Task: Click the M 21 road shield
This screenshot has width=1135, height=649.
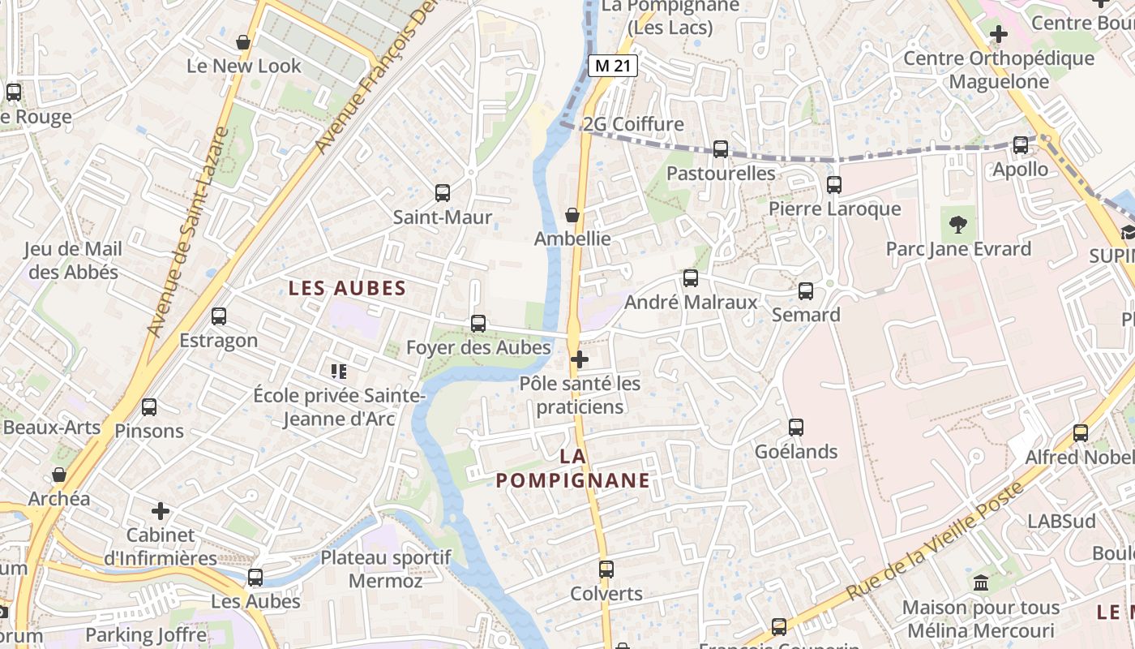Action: pos(613,66)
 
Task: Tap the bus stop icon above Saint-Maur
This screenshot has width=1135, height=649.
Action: pos(442,193)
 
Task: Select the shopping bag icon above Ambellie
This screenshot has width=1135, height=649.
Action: pos(572,215)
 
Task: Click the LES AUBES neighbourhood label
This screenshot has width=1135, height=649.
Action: pos(347,288)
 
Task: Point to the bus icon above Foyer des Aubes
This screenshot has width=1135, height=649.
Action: pos(478,324)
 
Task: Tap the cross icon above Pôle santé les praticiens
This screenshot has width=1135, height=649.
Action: pos(580,359)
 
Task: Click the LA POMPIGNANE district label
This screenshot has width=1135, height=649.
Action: pos(573,468)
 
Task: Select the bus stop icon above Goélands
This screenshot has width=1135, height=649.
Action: pos(796,428)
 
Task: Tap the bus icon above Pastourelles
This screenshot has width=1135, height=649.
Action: pos(720,149)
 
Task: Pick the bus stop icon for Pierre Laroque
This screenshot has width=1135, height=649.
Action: pos(834,185)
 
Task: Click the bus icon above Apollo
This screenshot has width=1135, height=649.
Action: pos(1021,145)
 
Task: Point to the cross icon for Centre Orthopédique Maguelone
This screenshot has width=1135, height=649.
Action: pos(999,34)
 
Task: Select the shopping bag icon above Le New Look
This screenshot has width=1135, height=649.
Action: pos(243,42)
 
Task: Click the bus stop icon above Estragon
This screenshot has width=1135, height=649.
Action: pos(219,316)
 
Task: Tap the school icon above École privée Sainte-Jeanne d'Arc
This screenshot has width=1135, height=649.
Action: pos(339,372)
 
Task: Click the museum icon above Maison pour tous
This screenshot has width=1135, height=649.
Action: pos(981,583)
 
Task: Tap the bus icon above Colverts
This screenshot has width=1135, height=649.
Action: pos(606,569)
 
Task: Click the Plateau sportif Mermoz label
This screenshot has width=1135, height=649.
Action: pos(386,569)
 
